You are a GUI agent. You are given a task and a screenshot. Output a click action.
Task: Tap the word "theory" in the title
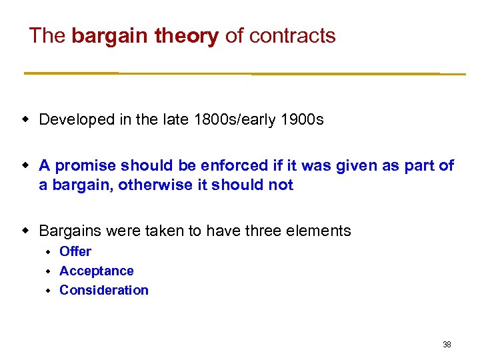point(186,35)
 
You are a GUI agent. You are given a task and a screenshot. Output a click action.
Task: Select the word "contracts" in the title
point(292,35)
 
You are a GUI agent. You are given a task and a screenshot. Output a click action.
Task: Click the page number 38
point(447,345)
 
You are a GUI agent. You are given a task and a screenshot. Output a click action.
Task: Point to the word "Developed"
point(77,120)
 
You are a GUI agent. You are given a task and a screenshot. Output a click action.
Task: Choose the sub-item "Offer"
point(75,251)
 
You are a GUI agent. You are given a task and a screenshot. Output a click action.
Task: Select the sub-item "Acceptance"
point(97,271)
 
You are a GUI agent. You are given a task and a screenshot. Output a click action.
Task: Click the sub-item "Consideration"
point(104,290)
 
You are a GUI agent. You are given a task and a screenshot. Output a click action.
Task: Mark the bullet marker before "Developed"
point(27,120)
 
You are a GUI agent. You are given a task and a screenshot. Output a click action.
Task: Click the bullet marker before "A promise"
point(27,165)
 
